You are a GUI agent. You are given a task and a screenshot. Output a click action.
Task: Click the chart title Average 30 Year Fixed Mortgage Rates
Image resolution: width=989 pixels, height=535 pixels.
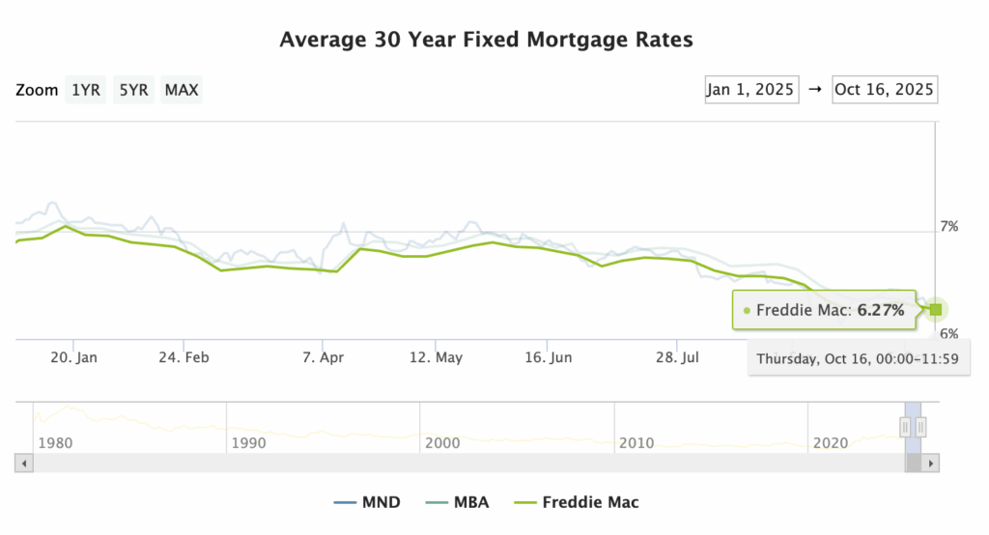coord(487,40)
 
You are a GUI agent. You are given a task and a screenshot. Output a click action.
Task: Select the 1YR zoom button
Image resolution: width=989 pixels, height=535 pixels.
coord(85,91)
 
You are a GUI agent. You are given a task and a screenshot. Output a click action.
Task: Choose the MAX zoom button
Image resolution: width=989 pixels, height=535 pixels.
coord(182,91)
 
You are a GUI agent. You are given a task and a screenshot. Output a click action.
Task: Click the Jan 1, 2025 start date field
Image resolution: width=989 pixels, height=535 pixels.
coord(750,90)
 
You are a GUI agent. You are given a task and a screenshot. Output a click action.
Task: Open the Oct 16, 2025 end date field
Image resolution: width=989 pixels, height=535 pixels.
coord(884,90)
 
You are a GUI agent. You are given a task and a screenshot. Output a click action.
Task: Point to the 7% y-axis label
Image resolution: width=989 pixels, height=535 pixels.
coord(949,227)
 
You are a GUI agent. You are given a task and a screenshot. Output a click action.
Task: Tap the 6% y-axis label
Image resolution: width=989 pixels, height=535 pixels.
coord(949,333)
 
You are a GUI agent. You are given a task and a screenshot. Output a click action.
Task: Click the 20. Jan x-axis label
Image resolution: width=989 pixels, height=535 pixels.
coord(74,357)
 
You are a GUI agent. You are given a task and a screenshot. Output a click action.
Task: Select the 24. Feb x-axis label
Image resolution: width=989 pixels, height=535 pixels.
coord(184,357)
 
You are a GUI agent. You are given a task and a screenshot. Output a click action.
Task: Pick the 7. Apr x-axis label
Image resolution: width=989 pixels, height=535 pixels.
coord(325,357)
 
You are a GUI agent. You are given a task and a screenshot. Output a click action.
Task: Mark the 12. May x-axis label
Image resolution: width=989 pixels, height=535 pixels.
coord(436,357)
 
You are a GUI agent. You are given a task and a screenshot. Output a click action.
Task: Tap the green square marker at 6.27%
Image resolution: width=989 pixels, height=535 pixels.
coord(934,309)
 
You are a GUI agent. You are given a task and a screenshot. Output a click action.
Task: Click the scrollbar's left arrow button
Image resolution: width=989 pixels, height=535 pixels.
coord(24,464)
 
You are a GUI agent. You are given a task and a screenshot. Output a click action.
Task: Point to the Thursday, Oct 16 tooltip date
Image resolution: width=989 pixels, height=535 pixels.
coord(859,358)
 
